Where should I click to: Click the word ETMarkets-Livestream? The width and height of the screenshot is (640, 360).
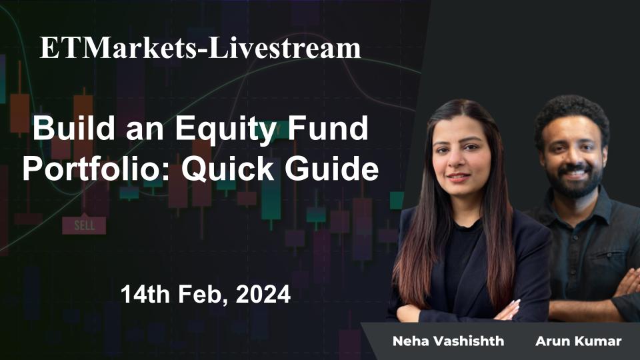[x=200, y=49]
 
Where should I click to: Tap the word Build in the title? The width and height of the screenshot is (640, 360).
[x=67, y=129]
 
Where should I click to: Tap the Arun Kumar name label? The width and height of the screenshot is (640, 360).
[x=578, y=341]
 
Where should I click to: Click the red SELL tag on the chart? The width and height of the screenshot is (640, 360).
[x=84, y=225]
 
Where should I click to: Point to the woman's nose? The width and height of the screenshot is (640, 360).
[x=459, y=164]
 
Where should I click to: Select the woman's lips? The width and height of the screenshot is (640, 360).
[x=459, y=178]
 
